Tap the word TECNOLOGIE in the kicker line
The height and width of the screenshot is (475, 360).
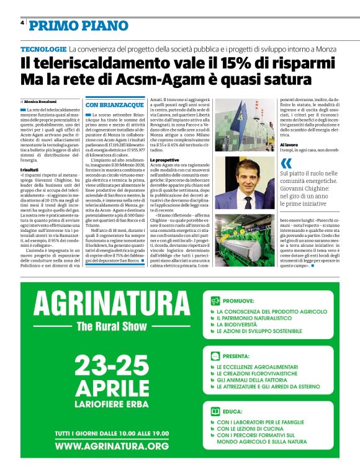pyautogui.click(x=43, y=48)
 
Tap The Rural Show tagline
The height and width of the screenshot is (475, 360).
pyautogui.click(x=110, y=327)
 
